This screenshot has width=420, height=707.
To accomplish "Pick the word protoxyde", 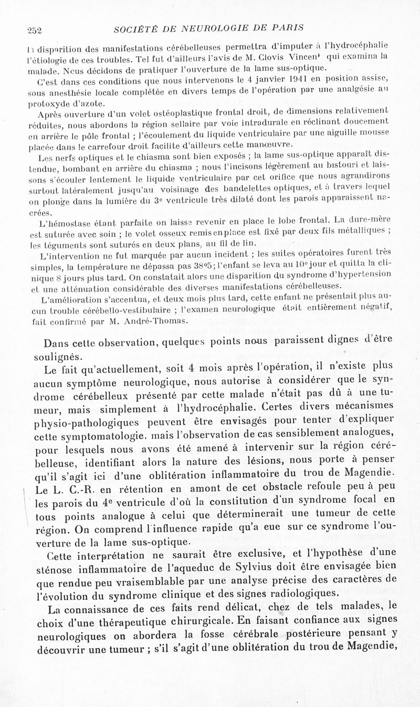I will tap(50, 103).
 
